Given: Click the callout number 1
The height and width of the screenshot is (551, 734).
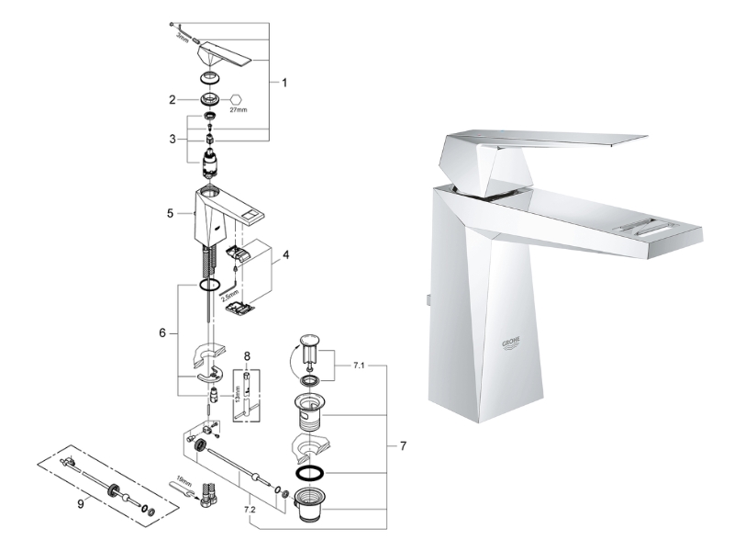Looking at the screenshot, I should pos(284,83).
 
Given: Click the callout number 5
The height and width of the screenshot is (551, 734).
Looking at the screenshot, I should pos(170,213).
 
